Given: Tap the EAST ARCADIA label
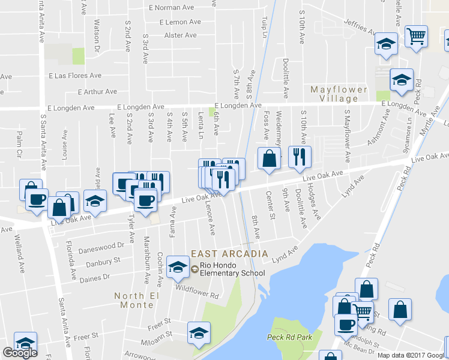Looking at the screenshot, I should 229,254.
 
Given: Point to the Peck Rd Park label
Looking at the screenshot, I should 290,337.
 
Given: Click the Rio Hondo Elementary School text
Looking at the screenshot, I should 232,269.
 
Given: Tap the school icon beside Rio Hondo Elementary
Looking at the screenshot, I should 178,268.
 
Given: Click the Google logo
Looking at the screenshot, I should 20,353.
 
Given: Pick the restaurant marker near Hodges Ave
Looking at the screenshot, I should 298,157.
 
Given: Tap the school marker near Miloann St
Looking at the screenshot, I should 199,333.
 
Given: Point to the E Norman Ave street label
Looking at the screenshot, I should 172,8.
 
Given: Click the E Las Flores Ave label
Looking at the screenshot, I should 74,76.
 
